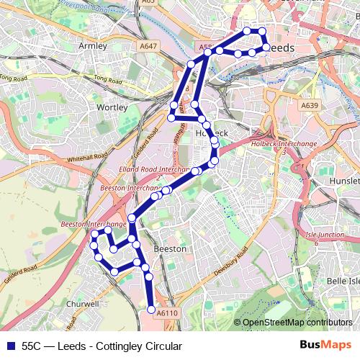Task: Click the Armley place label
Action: click(x=92, y=45)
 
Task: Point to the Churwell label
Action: click(x=83, y=305)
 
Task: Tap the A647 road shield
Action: click(x=148, y=46)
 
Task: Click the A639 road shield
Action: click(x=309, y=105)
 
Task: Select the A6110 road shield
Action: click(x=166, y=313)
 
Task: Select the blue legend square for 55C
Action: click(x=10, y=346)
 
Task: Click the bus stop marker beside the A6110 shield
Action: click(x=151, y=310)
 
